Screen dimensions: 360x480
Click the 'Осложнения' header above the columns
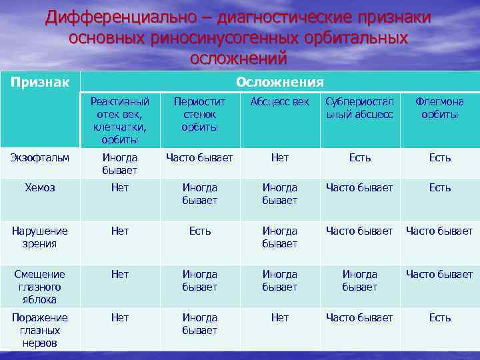(x=279, y=82)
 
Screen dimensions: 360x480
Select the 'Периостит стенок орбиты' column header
(x=200, y=114)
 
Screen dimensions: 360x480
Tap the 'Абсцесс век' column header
(x=280, y=102)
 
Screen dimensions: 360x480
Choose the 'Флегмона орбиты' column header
(x=439, y=108)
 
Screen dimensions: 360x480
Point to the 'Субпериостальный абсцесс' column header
(x=360, y=108)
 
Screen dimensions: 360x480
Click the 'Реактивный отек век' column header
(x=120, y=120)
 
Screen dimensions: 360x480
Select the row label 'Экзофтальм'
(x=39, y=157)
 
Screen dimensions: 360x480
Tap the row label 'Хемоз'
(x=39, y=187)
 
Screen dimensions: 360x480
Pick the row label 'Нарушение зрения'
(x=39, y=237)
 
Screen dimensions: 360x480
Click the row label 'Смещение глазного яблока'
(x=39, y=286)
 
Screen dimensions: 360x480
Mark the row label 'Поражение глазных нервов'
(x=39, y=330)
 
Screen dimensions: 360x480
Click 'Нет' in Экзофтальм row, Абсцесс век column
(x=280, y=158)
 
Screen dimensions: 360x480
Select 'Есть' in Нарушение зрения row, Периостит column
(x=200, y=231)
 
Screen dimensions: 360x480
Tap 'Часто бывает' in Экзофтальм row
(x=200, y=158)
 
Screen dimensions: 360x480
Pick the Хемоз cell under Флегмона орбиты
(x=439, y=188)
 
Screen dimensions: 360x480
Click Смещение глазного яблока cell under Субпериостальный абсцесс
(x=360, y=280)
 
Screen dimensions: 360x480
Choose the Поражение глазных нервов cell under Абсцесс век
(x=280, y=318)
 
